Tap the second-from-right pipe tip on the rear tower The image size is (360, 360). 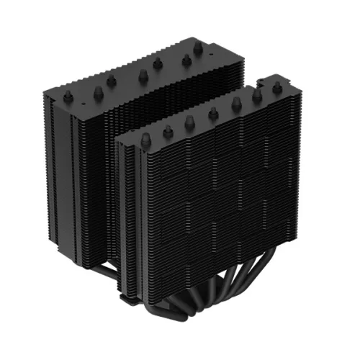pos(186,59)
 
